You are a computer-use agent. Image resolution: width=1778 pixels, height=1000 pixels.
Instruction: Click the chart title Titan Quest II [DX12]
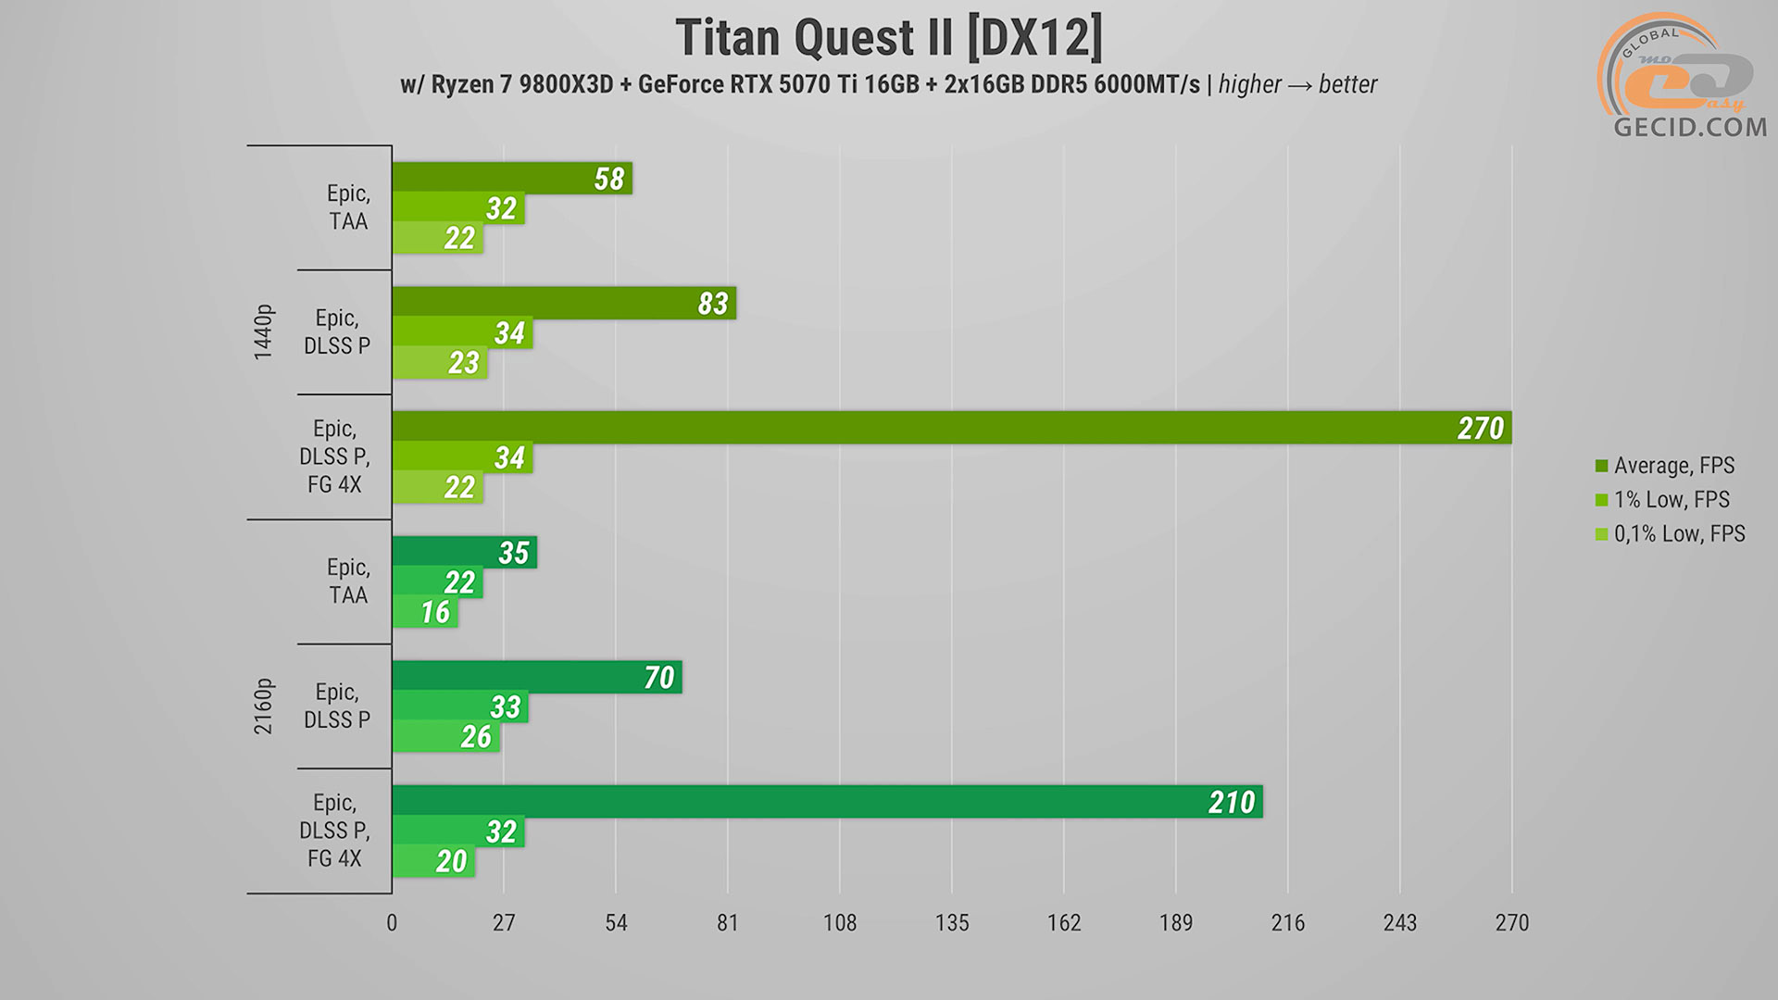pos(889,39)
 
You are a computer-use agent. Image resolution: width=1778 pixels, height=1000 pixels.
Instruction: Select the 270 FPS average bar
pos(951,428)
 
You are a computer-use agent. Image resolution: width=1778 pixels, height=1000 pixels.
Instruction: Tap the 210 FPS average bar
pos(827,802)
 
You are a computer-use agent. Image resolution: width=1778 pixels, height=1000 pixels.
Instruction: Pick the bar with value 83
pos(563,304)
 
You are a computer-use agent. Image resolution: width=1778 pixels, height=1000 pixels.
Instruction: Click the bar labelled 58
pos(511,179)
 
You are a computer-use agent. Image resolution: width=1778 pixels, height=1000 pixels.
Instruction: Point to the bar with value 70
pos(536,677)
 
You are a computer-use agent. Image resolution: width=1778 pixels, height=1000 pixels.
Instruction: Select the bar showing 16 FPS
pos(425,612)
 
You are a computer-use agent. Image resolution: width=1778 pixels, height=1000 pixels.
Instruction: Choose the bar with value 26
pos(445,737)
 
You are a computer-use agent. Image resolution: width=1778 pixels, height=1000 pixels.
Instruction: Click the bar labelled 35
pos(464,553)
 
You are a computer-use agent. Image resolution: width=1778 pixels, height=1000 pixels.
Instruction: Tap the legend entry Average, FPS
pos(1672,466)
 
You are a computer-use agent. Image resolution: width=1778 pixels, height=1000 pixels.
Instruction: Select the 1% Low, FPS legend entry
pos(1670,500)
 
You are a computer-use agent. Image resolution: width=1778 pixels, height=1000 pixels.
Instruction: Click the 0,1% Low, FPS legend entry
pos(1678,534)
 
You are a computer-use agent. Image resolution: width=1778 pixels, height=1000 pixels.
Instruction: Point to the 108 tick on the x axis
pos(840,923)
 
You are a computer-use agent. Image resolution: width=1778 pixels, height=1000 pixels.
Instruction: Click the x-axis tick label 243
pos(1399,923)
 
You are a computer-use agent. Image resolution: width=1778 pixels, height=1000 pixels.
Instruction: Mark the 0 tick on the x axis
pos(392,923)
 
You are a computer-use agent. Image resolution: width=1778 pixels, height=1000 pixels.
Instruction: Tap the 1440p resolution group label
pos(264,331)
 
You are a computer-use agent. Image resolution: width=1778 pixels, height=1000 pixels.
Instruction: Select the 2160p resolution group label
pos(264,706)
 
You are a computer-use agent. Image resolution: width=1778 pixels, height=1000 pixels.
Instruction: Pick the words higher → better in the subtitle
pos(1297,85)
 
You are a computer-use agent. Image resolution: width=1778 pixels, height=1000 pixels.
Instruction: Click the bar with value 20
pos(433,861)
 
